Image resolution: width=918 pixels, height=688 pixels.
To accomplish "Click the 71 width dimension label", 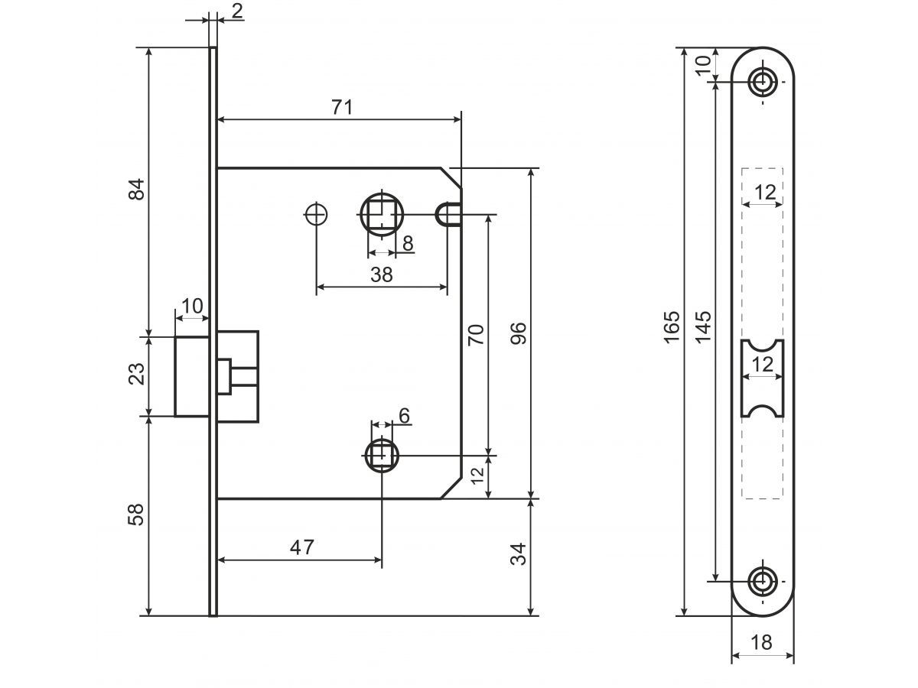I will click(342, 107).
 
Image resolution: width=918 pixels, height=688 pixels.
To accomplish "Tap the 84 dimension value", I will click(136, 190).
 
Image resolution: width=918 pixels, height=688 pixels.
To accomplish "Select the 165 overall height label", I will click(671, 326).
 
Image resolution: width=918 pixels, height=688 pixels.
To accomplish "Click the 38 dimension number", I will click(381, 274).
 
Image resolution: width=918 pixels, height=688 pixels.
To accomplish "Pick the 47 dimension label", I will click(302, 547).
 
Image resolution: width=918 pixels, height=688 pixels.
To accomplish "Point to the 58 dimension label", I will click(136, 514).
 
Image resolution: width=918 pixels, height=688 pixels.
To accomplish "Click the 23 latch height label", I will click(136, 375).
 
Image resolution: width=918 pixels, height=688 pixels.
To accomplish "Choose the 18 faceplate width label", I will click(761, 643).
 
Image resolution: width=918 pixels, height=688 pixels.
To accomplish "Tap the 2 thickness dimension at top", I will click(236, 11).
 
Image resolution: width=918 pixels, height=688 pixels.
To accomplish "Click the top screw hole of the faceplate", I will click(762, 82).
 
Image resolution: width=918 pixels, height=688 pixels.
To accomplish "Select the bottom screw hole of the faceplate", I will click(762, 582).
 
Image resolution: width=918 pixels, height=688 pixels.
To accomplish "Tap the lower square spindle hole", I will click(381, 456).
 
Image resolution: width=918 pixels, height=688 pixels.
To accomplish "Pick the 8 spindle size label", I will click(408, 244).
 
